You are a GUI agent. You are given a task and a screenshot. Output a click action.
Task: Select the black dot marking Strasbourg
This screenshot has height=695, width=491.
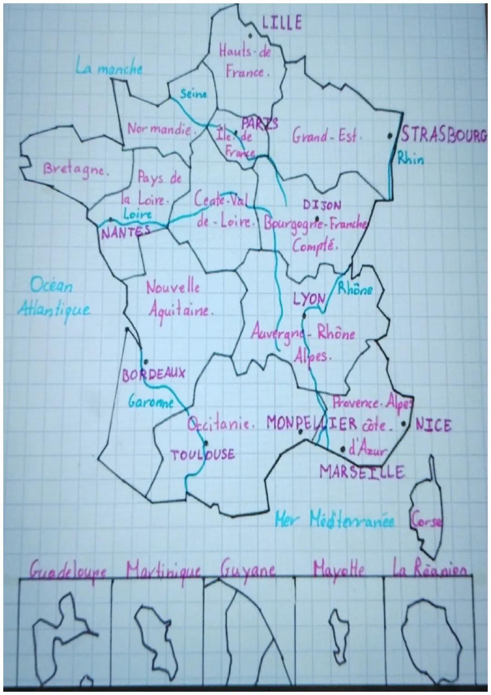[x=390, y=135]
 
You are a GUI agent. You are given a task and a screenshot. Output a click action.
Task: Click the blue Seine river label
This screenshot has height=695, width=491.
[x=193, y=95]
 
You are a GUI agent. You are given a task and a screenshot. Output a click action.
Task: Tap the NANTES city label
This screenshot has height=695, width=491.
[x=125, y=233]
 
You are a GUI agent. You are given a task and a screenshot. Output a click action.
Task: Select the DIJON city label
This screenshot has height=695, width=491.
[x=322, y=206]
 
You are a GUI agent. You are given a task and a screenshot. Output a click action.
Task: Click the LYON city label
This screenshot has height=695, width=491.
[x=309, y=299]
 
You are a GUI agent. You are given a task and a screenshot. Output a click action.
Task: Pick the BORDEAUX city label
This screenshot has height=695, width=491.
[x=154, y=374]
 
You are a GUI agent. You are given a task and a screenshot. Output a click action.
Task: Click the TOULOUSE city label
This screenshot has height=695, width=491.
[x=203, y=454]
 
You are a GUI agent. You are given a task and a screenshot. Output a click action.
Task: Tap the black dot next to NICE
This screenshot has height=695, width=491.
[x=403, y=424]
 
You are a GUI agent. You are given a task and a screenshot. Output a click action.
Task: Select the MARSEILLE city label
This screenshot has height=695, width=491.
[x=362, y=472]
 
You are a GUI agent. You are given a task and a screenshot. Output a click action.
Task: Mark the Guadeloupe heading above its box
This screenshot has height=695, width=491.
[x=69, y=571]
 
